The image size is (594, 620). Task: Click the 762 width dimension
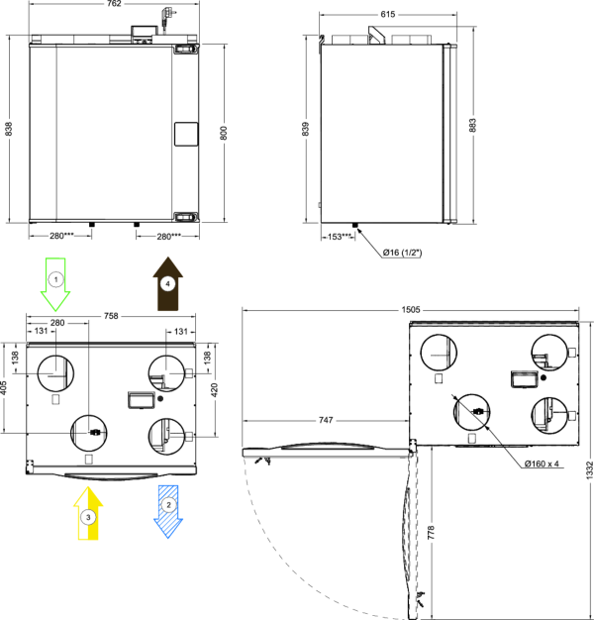pyautogui.click(x=114, y=4)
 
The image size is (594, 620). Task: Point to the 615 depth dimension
pyautogui.click(x=388, y=14)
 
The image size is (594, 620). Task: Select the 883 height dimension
pyautogui.click(x=472, y=125)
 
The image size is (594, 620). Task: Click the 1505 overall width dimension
pyautogui.click(x=411, y=310)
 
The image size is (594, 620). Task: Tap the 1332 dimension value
pyautogui.click(x=589, y=470)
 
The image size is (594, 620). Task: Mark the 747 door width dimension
pyautogui.click(x=326, y=420)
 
